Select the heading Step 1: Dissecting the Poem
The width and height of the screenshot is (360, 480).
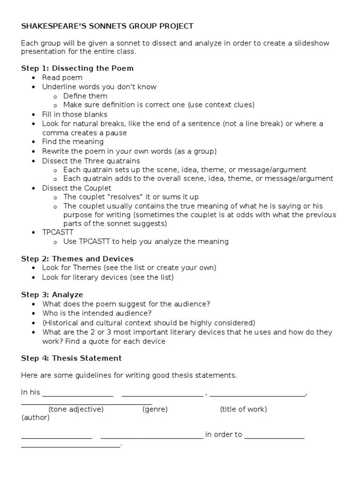click(x=77, y=68)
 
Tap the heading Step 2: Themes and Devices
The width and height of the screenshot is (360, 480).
click(x=77, y=259)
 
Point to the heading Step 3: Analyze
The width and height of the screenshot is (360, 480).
click(x=52, y=295)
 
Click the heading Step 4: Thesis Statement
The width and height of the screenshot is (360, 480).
click(x=71, y=358)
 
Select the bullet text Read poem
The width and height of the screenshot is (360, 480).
click(x=62, y=77)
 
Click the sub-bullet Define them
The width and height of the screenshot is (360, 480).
click(x=85, y=96)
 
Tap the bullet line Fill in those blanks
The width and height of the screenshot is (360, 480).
click(x=75, y=114)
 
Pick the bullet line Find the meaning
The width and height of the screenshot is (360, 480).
click(x=73, y=142)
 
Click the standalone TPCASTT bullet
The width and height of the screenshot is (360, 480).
click(x=58, y=232)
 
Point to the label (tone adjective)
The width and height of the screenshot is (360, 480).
click(x=76, y=409)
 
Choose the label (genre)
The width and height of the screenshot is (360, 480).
click(x=155, y=409)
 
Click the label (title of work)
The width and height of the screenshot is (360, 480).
click(x=243, y=409)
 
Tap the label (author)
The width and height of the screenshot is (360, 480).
click(x=36, y=417)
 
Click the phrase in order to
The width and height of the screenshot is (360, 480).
click(x=224, y=435)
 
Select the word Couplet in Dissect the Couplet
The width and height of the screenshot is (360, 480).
click(x=97, y=187)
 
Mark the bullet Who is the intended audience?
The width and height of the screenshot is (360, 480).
click(x=97, y=313)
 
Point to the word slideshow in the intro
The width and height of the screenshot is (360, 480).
click(x=311, y=43)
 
